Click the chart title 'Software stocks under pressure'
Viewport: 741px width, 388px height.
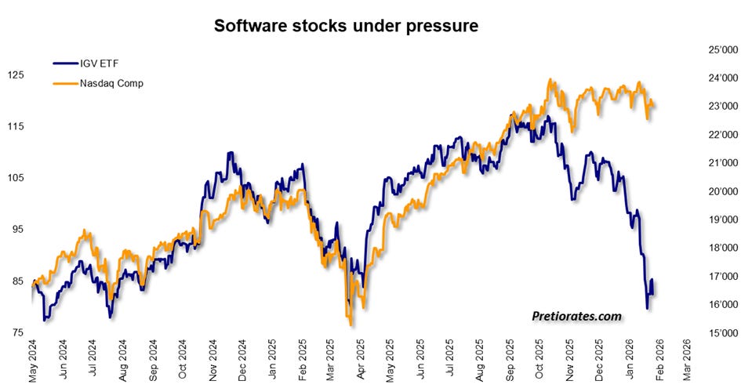click(346, 26)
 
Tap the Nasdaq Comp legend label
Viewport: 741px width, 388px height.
click(111, 84)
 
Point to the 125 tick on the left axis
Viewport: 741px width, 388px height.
click(16, 75)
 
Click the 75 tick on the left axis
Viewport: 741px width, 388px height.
click(17, 332)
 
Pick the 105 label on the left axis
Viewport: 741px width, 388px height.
click(16, 178)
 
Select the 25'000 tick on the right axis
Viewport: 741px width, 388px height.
click(723, 49)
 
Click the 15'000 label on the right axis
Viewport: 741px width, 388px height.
click(723, 332)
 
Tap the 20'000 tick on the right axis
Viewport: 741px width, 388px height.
click(723, 191)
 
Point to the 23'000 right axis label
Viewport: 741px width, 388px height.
click(723, 107)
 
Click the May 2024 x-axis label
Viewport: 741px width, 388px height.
click(33, 361)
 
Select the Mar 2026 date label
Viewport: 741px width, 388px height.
click(687, 360)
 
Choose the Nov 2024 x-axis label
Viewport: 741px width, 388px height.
click(212, 360)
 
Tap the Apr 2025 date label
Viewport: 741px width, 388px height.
click(361, 360)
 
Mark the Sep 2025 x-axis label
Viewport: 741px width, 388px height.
click(510, 360)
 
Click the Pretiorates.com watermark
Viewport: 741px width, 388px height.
click(576, 316)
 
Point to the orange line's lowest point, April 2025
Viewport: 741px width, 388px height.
click(351, 325)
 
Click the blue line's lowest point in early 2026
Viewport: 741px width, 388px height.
click(648, 309)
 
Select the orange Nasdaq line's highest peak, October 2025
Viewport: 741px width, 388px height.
click(550, 79)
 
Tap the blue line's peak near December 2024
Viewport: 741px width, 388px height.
click(231, 152)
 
